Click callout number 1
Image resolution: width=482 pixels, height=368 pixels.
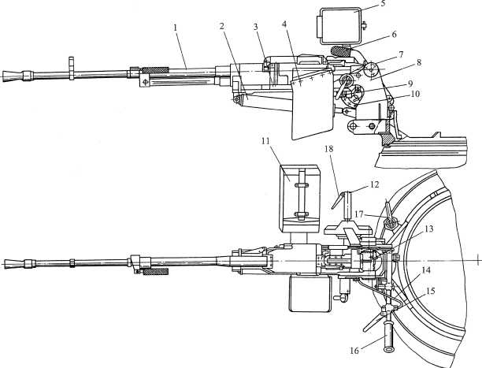coord(175,28)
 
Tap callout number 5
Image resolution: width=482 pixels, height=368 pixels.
coord(383,4)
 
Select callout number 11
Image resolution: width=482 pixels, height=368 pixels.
coord(266,141)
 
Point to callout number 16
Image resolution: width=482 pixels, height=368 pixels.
coord(354,351)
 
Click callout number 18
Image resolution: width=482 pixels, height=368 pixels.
coord(328,149)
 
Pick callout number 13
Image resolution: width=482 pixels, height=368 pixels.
coord(428,229)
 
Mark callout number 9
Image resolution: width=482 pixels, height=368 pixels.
coord(411,84)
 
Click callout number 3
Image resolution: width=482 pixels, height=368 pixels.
coord(255,27)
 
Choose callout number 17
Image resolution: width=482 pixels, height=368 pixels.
coord(359,214)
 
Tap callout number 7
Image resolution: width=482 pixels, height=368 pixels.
coord(401,54)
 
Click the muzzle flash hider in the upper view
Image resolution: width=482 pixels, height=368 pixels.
coord(13,76)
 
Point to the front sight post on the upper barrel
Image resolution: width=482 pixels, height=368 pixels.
coord(72,69)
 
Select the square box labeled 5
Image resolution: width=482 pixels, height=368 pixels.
coord(339,25)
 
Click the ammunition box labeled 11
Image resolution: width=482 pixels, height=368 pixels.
coord(300,199)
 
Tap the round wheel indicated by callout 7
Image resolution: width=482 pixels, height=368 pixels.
coord(371,70)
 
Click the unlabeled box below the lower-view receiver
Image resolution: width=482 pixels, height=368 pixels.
coord(310,294)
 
